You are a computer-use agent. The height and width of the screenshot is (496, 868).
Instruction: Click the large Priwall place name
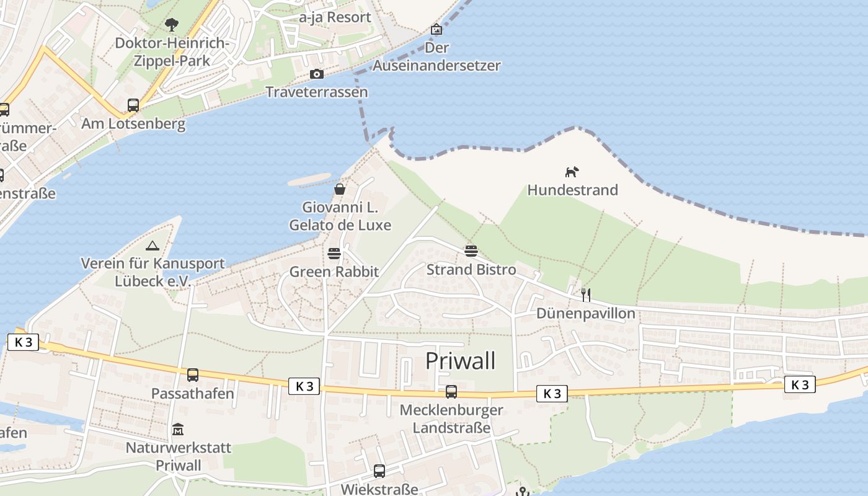460,361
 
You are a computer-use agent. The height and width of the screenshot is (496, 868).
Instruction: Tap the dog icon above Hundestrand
572,172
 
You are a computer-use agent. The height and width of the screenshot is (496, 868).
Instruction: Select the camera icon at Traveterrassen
317,74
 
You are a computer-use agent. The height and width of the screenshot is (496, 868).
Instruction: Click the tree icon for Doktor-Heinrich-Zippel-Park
172,25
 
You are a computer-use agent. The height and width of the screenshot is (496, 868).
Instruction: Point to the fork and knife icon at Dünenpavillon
585,294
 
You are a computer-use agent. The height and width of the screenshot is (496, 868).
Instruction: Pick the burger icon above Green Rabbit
334,254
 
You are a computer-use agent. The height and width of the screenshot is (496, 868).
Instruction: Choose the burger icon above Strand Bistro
471,251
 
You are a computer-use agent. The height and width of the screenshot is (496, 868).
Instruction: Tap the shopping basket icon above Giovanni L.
340,189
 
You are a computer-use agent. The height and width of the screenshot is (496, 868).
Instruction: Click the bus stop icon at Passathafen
193,375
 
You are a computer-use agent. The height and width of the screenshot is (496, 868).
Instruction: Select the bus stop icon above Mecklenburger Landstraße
451,392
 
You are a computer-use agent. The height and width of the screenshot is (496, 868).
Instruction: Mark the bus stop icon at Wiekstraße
379,471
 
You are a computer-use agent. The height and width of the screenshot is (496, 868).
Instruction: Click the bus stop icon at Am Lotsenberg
133,105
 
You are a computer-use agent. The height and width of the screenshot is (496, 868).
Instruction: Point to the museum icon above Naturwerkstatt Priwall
178,429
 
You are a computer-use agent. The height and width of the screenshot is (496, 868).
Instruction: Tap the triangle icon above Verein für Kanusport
153,246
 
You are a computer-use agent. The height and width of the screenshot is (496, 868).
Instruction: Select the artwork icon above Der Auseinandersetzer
436,29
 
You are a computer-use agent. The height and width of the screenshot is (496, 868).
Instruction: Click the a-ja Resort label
335,17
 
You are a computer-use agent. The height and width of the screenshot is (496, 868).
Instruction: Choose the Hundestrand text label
572,190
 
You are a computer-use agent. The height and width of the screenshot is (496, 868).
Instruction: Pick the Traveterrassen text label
317,92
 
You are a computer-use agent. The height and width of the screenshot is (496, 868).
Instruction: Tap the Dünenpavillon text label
586,313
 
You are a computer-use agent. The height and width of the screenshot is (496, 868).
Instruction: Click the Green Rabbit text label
334,272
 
